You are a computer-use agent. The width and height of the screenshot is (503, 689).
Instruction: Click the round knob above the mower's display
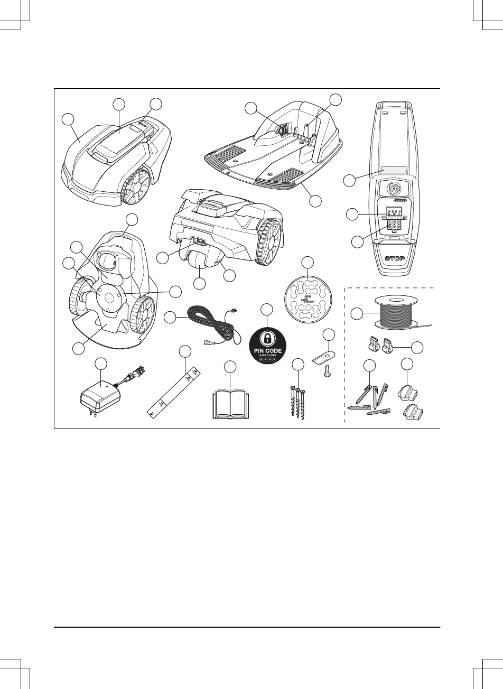(394, 188)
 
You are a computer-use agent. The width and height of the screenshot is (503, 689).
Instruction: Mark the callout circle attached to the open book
(230, 367)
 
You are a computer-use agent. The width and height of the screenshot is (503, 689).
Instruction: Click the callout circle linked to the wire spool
(357, 314)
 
